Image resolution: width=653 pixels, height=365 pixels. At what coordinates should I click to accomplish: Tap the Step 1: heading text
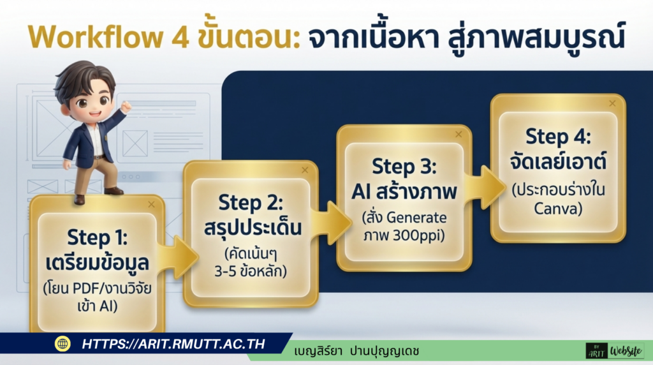point(98,237)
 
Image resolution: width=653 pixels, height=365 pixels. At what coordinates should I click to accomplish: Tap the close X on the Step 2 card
point(304,170)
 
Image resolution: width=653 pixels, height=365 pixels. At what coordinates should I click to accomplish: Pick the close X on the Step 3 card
point(458,134)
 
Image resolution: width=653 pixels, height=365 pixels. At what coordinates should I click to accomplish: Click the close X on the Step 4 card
point(612,103)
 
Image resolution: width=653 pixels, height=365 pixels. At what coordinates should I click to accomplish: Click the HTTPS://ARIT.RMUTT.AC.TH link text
point(173,344)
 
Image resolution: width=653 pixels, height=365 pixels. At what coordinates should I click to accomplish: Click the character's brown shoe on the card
point(80,199)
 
